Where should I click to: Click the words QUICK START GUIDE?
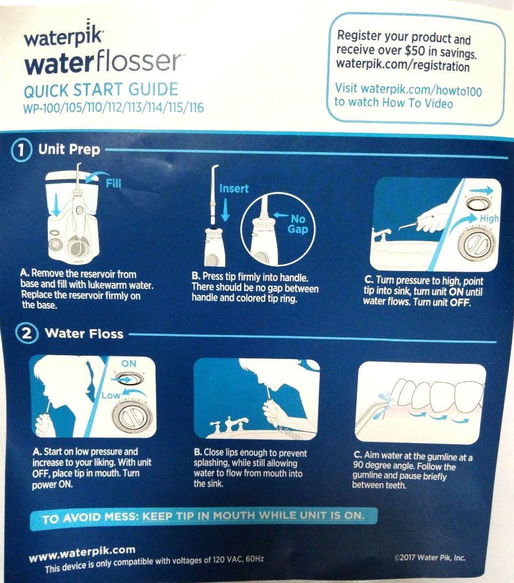coord(101,89)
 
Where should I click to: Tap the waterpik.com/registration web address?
coord(402,66)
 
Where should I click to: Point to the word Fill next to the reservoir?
coord(113,183)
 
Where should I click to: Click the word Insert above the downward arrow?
coord(234,188)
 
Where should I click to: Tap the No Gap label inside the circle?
coord(297,224)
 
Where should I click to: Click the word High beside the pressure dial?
coord(489,219)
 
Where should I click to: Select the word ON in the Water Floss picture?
coord(129,364)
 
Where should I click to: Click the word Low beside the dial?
coord(110,396)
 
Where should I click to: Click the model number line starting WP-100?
coord(113,108)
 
